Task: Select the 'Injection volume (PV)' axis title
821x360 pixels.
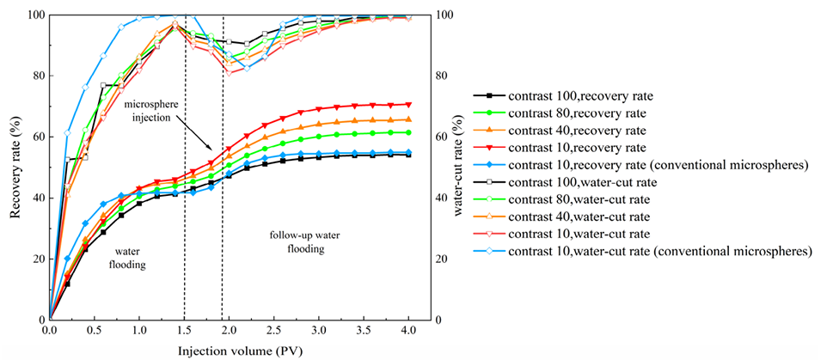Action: [230, 351]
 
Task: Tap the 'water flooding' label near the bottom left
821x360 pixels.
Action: [127, 258]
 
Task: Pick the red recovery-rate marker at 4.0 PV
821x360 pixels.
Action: [408, 104]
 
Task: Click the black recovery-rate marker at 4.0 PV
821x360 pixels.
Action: [408, 155]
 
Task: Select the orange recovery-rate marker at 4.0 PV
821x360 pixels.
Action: [408, 119]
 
